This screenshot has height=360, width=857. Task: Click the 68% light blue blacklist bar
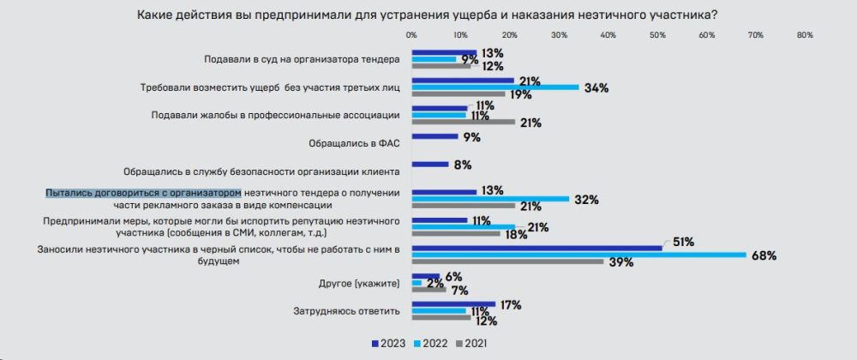coord(578,255)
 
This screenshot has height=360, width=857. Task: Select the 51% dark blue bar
coord(536,248)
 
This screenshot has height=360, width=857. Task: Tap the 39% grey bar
coord(507,261)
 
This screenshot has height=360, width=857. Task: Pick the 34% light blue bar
coord(495,87)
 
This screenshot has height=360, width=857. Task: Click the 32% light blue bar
coord(490,199)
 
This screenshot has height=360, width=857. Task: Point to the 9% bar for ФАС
coord(434,136)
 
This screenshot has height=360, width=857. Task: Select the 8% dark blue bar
coord(431,165)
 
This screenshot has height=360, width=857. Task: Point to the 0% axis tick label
coord(411,35)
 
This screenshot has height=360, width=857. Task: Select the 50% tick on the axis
coord(657,35)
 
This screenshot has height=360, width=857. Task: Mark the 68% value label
coord(763,255)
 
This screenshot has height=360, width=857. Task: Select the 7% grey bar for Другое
coord(428,290)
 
